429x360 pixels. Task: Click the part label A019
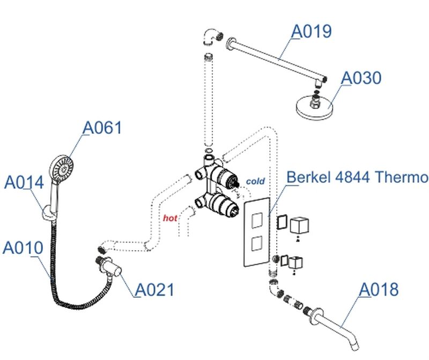tap(311, 32)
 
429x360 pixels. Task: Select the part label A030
tap(361, 78)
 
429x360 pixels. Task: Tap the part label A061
tap(102, 128)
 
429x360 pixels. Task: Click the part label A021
tap(154, 290)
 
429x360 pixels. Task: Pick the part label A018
tap(378, 289)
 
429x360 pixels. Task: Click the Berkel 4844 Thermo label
tap(357, 177)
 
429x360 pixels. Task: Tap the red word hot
tap(170, 218)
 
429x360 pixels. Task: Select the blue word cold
tap(255, 182)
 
